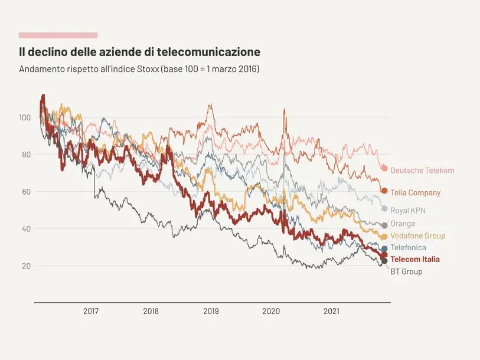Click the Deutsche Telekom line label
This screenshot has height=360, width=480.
click(422, 171)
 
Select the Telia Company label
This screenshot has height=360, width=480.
click(415, 193)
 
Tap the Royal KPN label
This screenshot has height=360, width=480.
click(408, 211)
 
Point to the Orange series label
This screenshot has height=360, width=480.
click(403, 224)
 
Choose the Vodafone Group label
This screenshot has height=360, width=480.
click(417, 236)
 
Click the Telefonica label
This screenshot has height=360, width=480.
click(408, 248)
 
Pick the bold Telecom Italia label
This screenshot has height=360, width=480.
click(415, 260)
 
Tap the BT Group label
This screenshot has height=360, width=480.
click(406, 272)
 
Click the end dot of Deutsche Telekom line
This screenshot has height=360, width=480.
click(384, 168)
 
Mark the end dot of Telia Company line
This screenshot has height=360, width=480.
click(384, 191)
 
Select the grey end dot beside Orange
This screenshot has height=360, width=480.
click(384, 225)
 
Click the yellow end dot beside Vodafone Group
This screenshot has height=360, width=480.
click(384, 237)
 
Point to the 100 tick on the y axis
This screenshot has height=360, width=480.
click(24, 117)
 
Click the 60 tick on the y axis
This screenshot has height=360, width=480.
click(26, 192)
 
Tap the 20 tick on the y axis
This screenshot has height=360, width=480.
click(26, 266)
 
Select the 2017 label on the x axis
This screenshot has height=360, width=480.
click(91, 311)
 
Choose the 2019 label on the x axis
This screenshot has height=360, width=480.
click(211, 311)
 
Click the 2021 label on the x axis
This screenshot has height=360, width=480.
click(331, 311)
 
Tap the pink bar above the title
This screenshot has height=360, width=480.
click(58, 35)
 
